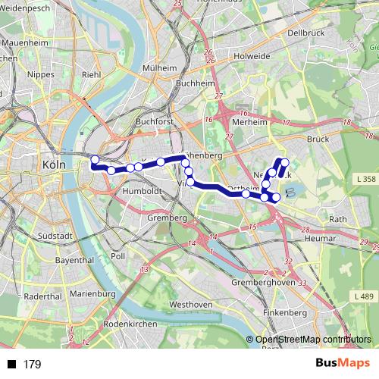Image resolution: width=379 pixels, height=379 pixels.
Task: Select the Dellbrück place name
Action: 306,33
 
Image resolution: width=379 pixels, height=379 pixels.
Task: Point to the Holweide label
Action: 252,55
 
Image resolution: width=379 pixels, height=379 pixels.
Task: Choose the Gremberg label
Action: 168,218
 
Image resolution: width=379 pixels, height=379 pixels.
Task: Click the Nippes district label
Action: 40,74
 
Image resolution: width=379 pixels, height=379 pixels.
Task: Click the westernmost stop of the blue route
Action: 95,160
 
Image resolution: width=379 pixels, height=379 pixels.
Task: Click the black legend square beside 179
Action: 11,365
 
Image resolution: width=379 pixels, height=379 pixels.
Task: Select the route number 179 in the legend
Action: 32,365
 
